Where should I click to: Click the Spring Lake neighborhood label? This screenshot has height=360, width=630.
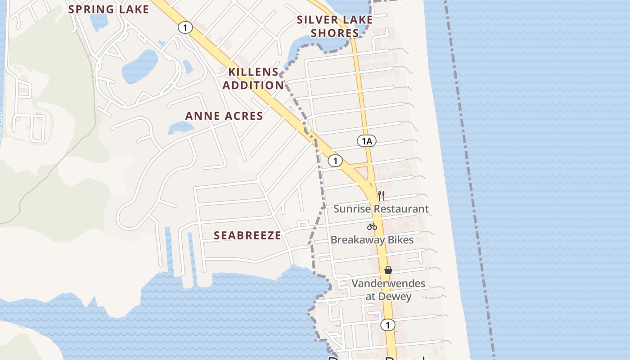coord(108,9)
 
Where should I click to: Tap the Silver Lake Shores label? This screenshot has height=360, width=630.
coord(335,27)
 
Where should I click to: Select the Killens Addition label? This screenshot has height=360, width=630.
coord(253,78)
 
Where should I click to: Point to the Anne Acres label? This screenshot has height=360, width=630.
coord(224,116)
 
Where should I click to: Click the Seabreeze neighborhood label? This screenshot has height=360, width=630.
coord(247,235)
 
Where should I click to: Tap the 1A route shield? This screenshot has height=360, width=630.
coord(367,141)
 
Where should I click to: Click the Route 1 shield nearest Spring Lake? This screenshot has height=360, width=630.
coord(185,27)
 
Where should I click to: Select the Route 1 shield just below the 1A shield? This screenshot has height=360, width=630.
coord(335,161)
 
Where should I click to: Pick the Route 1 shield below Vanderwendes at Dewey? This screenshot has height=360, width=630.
coord(387,325)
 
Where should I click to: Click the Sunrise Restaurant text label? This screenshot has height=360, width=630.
coord(381,209)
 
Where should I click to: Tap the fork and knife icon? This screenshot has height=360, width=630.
coord(381,195)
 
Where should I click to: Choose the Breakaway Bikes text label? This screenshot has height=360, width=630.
coord(372,240)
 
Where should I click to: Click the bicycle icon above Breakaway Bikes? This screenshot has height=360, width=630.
coord(372,226)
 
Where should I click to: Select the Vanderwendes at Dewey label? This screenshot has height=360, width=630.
coord(388,290)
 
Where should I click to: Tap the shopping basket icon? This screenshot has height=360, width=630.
coord(388,270)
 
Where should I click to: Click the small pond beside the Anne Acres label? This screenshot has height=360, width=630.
coord(180,128)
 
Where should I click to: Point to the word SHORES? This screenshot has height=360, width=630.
coord(335,33)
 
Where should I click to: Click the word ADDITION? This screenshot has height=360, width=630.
coord(253,85)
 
